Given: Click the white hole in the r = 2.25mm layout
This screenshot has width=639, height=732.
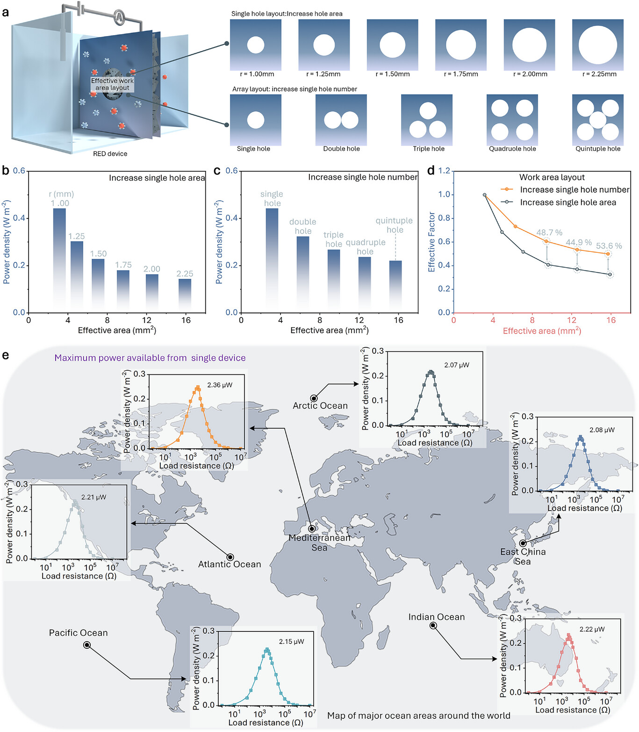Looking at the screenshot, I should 597,45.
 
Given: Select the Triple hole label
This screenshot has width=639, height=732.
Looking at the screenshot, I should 429,149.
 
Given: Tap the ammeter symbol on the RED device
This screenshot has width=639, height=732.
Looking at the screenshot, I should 119,17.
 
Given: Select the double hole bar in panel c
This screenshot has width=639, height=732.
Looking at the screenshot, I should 303,274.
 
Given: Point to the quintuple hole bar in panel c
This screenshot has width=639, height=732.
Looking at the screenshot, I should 395,286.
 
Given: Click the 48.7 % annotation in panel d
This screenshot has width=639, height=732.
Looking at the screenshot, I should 549,233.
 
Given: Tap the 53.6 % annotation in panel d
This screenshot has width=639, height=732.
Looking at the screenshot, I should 609,246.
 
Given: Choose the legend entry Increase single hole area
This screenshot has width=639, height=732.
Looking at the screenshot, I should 567,202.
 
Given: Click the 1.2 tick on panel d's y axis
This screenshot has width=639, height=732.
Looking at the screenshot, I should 444,171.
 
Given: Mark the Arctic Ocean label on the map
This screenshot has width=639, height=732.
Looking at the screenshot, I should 320,406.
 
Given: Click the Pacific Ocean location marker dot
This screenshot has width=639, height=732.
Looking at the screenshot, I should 87,645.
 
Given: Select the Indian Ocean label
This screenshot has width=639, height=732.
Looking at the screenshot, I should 437,617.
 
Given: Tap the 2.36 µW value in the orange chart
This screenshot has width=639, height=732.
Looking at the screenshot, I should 220,385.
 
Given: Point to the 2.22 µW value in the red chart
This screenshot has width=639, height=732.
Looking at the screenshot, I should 592,629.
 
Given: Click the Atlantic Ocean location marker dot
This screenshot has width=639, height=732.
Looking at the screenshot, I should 230,557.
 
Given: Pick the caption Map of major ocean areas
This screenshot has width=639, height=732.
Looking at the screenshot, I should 418,716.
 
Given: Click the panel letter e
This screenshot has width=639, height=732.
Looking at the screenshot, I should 6,355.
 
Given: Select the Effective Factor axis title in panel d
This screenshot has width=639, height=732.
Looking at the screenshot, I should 431,242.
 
